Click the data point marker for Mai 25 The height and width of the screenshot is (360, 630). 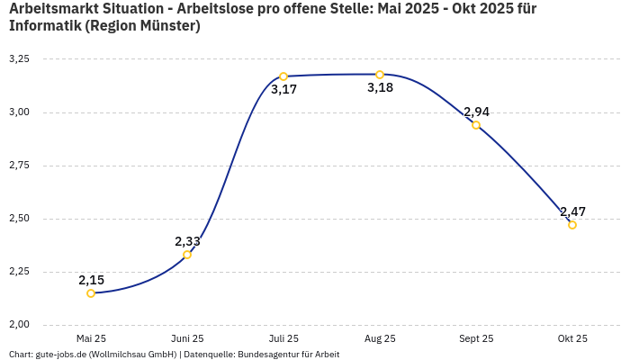pos(91,293)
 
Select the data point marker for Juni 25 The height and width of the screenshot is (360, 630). pos(187,255)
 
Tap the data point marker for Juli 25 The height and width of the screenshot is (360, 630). pos(283,76)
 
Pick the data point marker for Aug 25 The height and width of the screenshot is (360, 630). pos(380,75)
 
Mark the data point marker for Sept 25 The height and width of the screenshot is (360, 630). pos(476,125)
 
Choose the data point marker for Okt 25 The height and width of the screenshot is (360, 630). pos(572,225)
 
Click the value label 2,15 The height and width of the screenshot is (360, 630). pos(91,280)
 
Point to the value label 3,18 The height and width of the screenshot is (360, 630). pos(380,88)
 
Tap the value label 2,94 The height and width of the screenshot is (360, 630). pos(476,112)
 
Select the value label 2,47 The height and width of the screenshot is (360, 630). pos(572,211)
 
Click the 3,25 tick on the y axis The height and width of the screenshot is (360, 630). pos(19,59)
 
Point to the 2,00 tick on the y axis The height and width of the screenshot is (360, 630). pos(19,325)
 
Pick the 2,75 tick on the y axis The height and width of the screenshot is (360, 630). pos(19,166)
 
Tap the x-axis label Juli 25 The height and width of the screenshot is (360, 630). pos(283,338)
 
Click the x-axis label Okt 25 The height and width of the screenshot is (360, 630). pos(572,338)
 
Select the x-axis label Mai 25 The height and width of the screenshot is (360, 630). pos(91,338)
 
